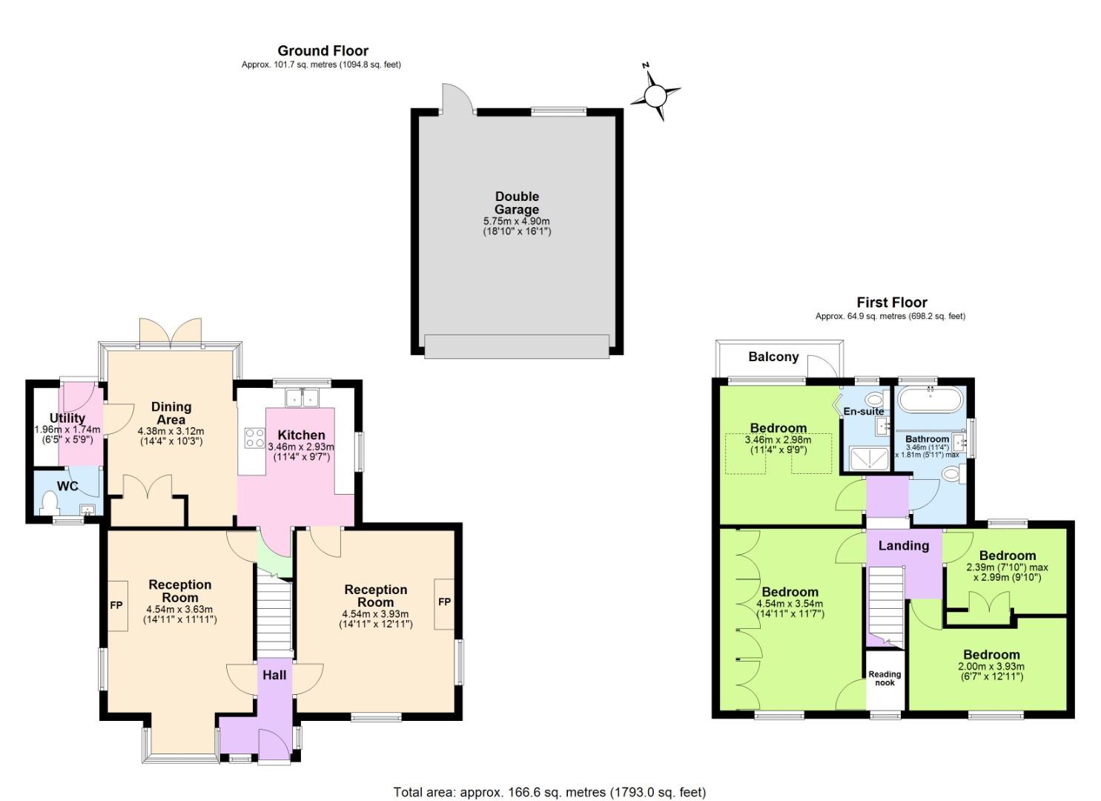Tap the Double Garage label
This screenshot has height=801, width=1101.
pos(517,202)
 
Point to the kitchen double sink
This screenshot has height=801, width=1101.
pos(303,398)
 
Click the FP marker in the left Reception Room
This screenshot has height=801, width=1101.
pos(116,604)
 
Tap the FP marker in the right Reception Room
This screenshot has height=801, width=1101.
pos(444,602)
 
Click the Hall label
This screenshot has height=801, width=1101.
pos(274,675)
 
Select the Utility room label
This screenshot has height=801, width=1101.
pos(67,418)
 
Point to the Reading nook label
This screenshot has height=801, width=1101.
pos(885,679)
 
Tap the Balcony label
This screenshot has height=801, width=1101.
pos(773,357)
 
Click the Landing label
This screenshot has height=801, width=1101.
pos(903,546)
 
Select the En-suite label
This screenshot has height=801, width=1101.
pos(863,411)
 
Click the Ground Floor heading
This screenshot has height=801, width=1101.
pos(323,50)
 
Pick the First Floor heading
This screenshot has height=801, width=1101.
pos(891,302)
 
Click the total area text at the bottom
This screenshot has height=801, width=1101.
pos(549,792)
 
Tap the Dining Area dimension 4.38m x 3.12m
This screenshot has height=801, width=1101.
pos(171,431)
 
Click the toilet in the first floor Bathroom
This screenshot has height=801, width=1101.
pos(950,473)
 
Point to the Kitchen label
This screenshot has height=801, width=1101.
pos(301,435)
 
